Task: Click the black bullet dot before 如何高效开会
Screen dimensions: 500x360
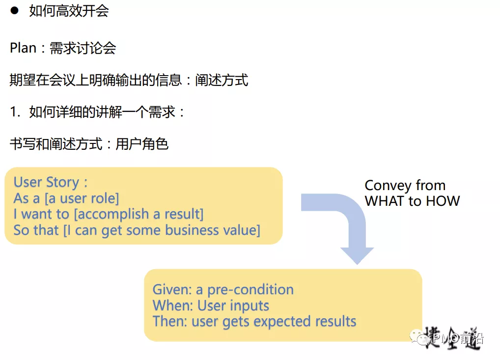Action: coord(14,11)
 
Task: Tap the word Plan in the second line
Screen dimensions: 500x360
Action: coord(23,48)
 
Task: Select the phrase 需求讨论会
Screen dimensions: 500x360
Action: coord(83,48)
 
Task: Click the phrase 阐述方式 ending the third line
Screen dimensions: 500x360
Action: coord(222,80)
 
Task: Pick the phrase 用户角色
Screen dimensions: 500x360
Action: coord(142,144)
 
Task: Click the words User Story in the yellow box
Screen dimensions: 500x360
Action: coord(46,183)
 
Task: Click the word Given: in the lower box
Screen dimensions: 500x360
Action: coord(172,290)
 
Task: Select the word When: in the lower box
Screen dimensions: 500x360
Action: coord(173,305)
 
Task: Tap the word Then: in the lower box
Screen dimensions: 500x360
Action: coord(170,322)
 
